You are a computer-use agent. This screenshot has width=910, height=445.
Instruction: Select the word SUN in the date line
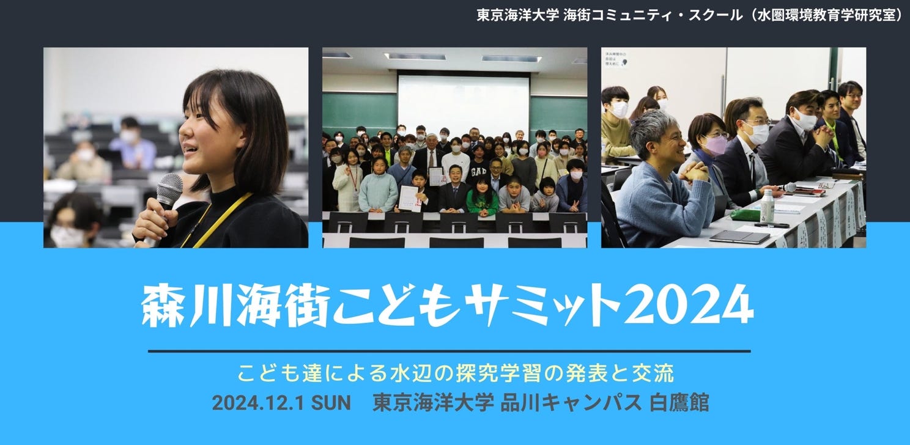point(331,403)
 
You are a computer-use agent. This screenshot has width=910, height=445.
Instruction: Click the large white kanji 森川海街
point(235,306)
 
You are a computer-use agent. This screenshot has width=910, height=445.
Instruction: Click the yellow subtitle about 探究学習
point(456,373)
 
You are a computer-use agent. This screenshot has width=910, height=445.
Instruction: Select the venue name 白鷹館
point(679,403)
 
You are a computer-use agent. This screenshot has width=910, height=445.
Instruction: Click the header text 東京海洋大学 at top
point(518,15)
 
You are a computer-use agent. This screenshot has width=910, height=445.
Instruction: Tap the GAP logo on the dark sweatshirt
point(479,172)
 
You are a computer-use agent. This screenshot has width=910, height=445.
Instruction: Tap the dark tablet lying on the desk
point(739,237)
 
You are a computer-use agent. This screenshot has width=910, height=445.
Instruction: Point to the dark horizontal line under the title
point(449,351)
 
